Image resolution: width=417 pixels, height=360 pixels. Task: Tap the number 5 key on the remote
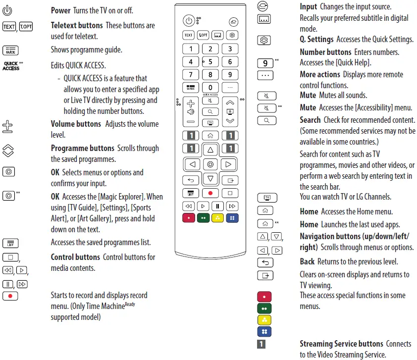[210, 62]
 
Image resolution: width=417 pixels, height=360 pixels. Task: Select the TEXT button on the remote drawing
[189, 35]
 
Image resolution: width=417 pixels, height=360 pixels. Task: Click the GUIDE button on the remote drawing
[191, 88]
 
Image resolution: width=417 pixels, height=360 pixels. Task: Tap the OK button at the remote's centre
[210, 163]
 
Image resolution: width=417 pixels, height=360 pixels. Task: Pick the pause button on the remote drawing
[217, 206]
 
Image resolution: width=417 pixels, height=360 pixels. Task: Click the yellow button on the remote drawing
[217, 218]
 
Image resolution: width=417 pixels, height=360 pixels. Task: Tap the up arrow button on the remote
[210, 149]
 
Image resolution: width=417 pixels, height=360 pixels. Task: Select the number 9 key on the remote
[230, 75]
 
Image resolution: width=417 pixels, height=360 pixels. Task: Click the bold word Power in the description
[61, 10]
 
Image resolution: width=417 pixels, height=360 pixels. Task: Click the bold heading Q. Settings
[317, 39]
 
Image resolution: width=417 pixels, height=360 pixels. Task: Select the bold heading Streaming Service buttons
[341, 344]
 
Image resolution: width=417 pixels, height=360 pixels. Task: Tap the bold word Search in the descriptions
[310, 120]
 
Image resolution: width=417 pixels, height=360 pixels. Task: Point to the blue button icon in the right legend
[264, 331]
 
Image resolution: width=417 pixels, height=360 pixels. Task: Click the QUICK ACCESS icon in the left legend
[11, 66]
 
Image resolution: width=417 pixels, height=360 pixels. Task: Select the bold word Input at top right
[309, 6]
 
